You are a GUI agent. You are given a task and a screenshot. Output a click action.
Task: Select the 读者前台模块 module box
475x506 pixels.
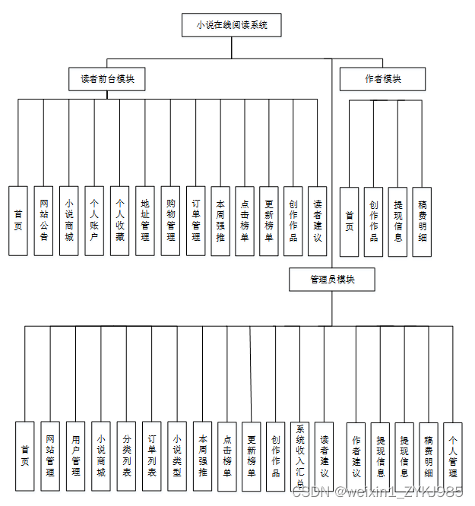tap(107, 79)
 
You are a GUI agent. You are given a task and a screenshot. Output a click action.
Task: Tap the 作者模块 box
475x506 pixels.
tap(382, 79)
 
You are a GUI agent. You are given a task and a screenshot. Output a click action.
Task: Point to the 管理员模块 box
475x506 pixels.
tap(332, 280)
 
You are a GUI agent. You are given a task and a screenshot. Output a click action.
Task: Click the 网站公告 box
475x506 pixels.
tap(44, 220)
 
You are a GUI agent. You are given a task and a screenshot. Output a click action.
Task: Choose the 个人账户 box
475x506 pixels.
tap(94, 220)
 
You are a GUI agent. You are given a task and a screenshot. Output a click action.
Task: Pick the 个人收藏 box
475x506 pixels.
tap(119, 220)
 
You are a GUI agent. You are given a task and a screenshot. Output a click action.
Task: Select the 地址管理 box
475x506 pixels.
tap(145, 220)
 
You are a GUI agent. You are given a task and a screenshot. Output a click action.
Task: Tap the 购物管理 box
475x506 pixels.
tap(171, 220)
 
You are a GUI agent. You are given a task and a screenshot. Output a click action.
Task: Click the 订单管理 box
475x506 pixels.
tap(196, 220)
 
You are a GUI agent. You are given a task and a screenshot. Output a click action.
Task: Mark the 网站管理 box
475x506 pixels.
tap(50, 456)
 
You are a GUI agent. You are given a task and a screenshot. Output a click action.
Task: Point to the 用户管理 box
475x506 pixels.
tap(75, 456)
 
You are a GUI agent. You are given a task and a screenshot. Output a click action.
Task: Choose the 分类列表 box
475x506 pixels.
tap(126, 456)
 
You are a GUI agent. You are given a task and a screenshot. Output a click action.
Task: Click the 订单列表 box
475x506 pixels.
tap(151, 456)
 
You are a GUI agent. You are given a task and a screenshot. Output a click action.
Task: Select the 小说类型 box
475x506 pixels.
tap(176, 456)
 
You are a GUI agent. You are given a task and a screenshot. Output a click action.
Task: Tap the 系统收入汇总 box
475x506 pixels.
tap(300, 456)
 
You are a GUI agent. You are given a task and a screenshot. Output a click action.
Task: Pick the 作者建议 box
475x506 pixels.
tap(356, 456)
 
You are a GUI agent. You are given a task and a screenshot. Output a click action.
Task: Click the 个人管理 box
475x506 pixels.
tap(453, 456)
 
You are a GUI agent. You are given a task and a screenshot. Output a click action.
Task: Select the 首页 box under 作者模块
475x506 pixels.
tap(350, 221)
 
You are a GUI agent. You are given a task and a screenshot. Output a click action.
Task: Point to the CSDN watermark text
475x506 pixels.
tap(377, 492)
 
